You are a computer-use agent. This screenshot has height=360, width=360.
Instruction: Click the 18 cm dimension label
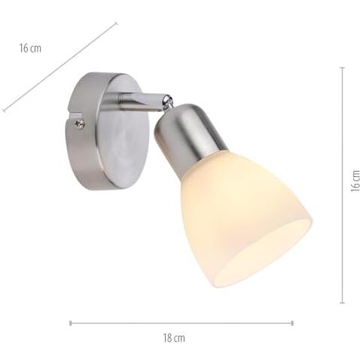click(174, 338)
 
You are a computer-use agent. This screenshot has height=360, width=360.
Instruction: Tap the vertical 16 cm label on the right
click(355, 181)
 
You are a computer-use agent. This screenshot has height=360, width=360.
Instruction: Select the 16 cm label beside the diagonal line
click(30, 48)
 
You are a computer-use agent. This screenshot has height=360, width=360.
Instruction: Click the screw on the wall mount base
click(80, 124)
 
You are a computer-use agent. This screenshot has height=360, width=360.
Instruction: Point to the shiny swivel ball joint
click(167, 102)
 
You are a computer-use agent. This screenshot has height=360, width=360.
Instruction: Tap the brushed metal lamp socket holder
click(188, 137)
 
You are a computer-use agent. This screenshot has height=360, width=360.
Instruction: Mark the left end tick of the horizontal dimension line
click(71, 323)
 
